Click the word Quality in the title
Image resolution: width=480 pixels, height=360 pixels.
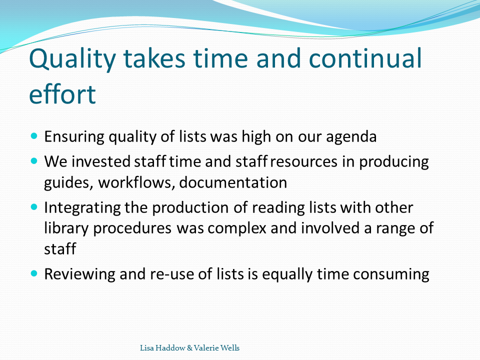(x=72, y=59)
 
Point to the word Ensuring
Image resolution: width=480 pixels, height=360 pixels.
(x=74, y=136)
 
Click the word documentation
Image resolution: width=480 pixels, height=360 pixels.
(x=233, y=182)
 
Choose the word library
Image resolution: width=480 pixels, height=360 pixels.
(x=66, y=228)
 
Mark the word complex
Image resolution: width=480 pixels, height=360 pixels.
(x=237, y=228)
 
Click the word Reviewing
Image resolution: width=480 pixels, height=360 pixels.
(x=79, y=274)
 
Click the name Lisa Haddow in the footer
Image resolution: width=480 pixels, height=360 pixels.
(x=162, y=348)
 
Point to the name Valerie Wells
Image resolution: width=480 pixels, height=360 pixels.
(x=216, y=348)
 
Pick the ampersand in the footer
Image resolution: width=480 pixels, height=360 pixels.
(x=190, y=348)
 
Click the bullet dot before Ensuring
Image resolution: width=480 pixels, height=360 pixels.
(x=34, y=135)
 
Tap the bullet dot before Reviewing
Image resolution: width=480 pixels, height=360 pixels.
(x=34, y=273)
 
